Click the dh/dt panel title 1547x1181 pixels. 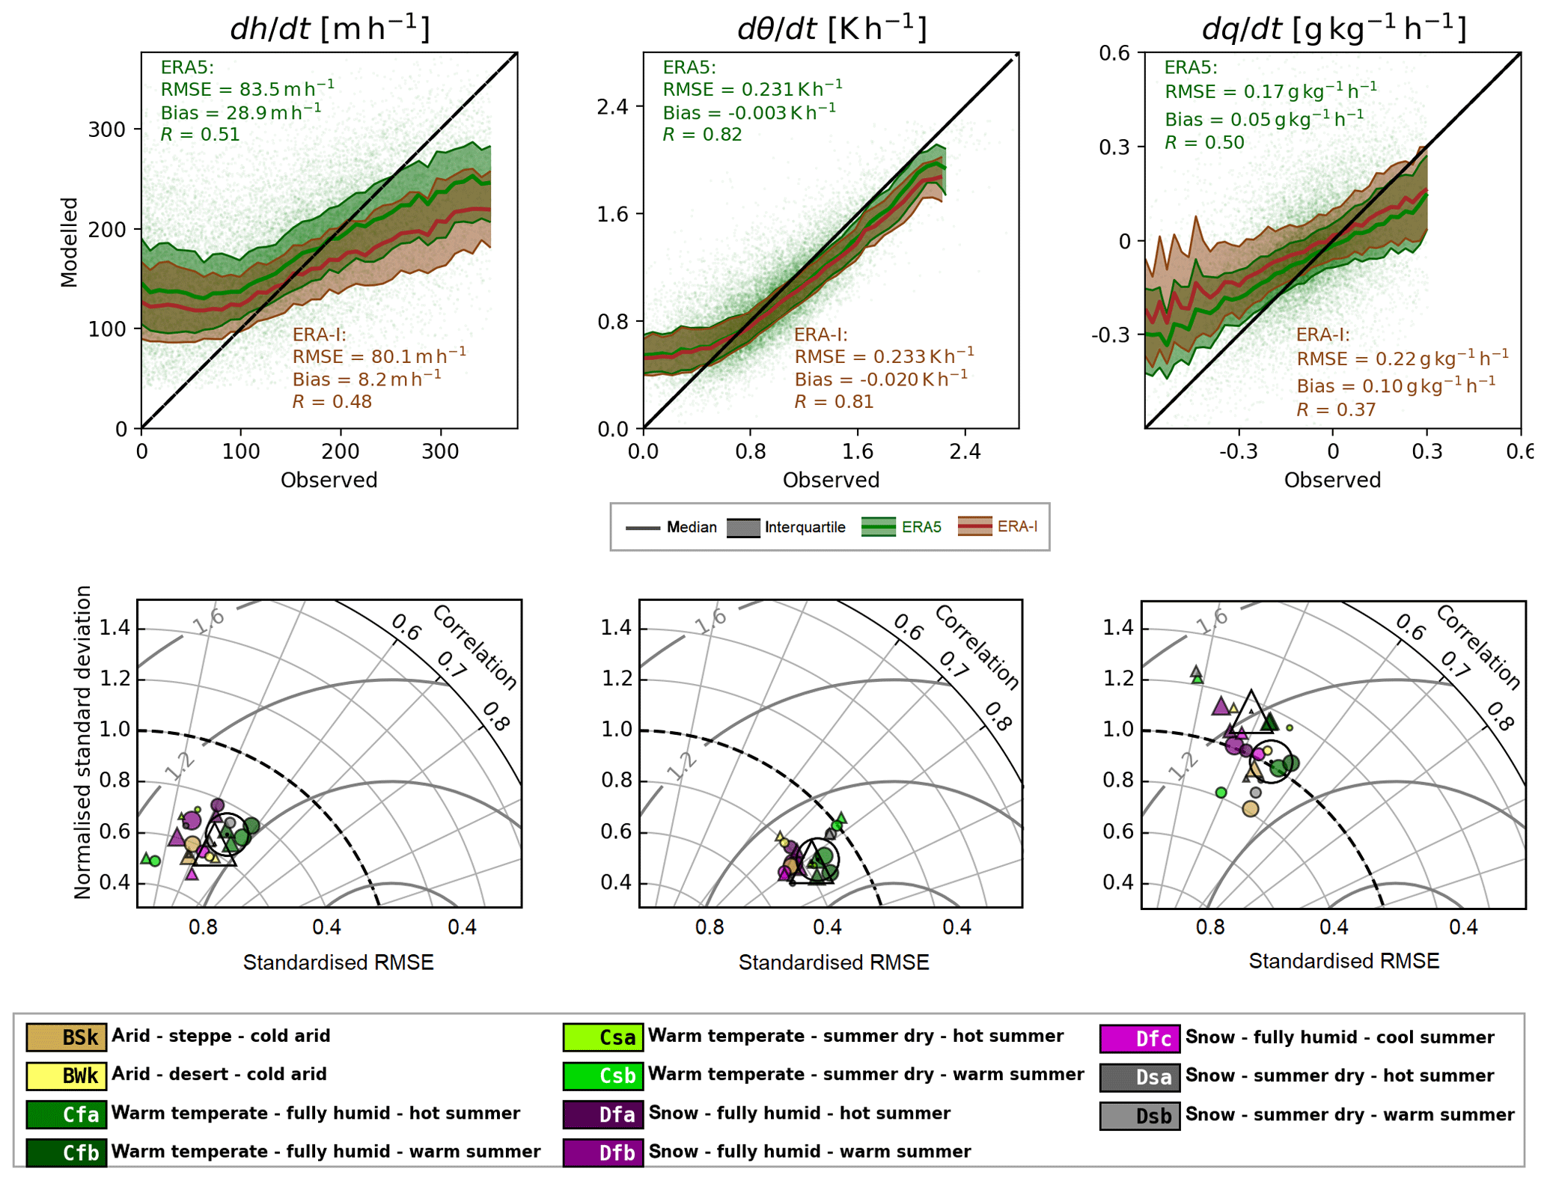pos(329,28)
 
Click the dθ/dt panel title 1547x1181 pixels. pos(832,28)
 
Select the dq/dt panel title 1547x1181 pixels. pos(1333,28)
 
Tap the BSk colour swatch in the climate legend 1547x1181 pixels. pos(66,1037)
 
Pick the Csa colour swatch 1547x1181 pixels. pos(602,1037)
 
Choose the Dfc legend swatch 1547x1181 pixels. pos(1139,1038)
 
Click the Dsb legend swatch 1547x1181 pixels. pos(1139,1116)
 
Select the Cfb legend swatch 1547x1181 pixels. pos(66,1153)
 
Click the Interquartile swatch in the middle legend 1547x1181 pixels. pos(743,528)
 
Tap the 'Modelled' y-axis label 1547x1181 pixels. pos(70,242)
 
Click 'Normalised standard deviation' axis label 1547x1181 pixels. pos(82,742)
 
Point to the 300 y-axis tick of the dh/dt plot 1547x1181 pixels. pos(106,129)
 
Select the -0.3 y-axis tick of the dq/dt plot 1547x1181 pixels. pos(1110,335)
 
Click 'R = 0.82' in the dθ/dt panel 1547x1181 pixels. pos(702,135)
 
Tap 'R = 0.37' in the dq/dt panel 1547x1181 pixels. pos(1335,410)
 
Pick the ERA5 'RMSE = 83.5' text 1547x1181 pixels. pos(247,89)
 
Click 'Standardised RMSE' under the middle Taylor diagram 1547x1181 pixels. pos(833,962)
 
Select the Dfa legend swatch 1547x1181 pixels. pos(602,1114)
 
